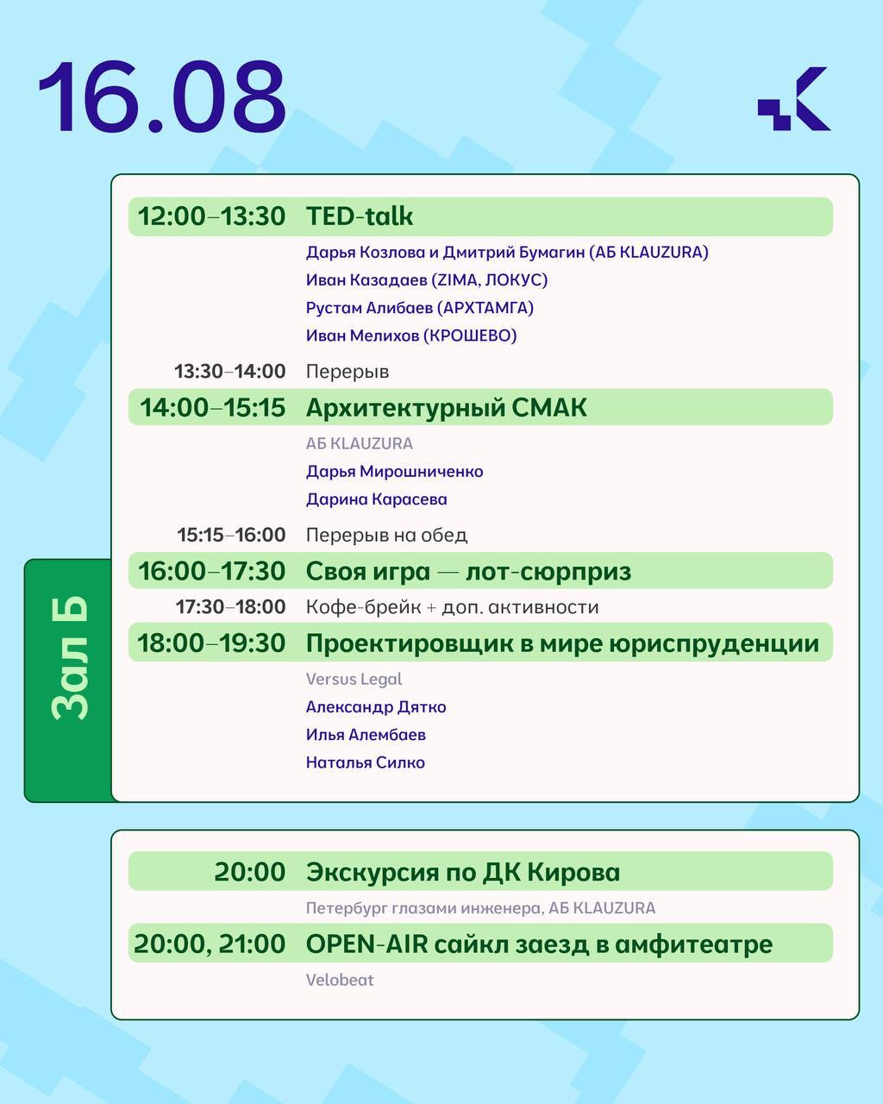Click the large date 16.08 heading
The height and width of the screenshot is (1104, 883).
coord(162,97)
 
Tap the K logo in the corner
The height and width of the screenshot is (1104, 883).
coord(793,98)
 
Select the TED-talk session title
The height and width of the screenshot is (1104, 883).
coord(360,216)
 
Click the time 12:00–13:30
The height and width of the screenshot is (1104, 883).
coord(211,216)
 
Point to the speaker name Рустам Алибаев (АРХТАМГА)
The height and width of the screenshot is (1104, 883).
coord(420,308)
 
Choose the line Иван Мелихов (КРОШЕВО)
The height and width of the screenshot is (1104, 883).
coord(411,336)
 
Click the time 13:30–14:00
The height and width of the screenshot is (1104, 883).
coord(230,371)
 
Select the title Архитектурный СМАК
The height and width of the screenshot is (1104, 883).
coord(447,408)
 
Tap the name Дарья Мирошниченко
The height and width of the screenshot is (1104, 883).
coord(395,472)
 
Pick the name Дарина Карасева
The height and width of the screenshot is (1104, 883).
coord(377,499)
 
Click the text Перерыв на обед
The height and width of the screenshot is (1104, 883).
coord(386,535)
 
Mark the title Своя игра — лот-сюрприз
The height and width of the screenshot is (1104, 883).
coord(468,572)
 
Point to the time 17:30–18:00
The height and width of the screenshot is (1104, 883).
coord(230,607)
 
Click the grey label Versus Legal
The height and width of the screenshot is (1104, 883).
coord(354,680)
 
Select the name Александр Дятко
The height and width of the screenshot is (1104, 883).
coord(376,707)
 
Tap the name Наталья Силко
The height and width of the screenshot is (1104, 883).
coord(366,762)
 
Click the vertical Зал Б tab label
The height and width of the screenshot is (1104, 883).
coord(71,658)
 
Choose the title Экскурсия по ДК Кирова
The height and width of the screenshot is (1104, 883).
coord(463,872)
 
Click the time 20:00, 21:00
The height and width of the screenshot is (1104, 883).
coord(210,944)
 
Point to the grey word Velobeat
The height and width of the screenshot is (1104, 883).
coord(340,980)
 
